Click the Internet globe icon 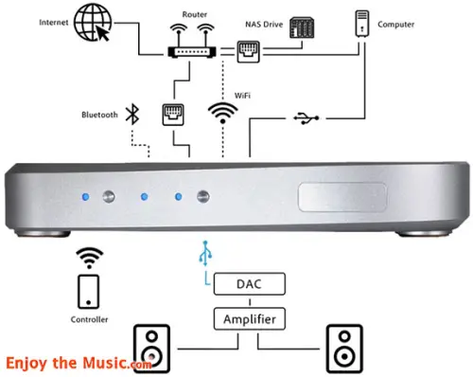[x=93, y=22]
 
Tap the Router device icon [x=192, y=41]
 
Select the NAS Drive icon [x=302, y=27]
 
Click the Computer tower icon [x=362, y=23]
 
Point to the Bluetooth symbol [x=132, y=114]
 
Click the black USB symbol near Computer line [x=307, y=118]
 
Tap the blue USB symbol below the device [x=205, y=253]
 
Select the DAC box [x=250, y=284]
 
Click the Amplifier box [x=250, y=319]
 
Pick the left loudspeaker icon [x=151, y=349]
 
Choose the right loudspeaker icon [x=344, y=349]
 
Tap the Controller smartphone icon [x=89, y=292]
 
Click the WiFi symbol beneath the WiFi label [x=222, y=113]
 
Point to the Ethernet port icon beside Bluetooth [x=173, y=115]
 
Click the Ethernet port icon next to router [x=249, y=52]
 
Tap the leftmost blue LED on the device [x=85, y=197]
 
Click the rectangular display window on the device [x=342, y=197]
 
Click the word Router [x=195, y=14]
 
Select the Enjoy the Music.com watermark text [x=79, y=363]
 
